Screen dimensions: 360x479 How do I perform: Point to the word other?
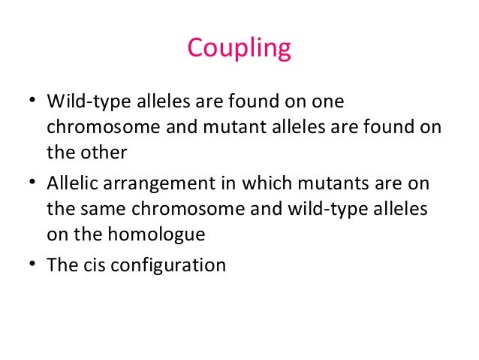[105, 152]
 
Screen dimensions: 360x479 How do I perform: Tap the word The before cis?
[60, 265]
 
